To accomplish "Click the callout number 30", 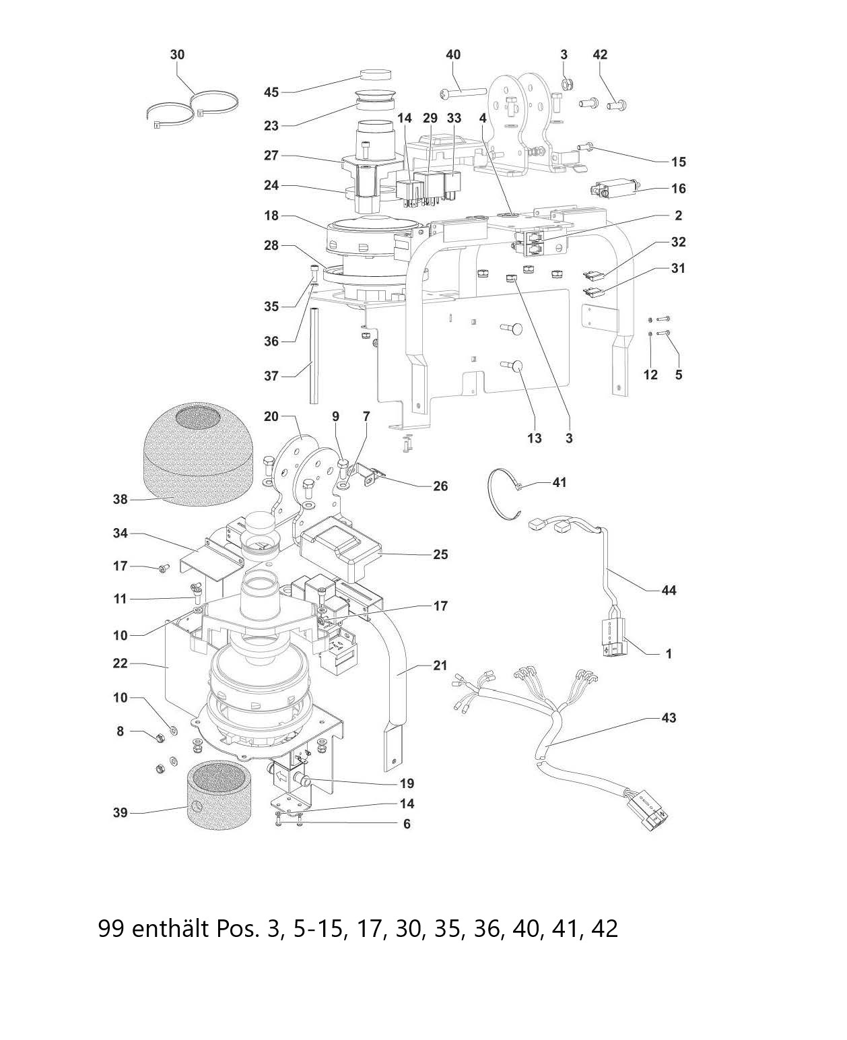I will [177, 55].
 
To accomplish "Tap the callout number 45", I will [271, 92].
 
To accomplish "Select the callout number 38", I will [120, 500].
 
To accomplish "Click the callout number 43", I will [669, 718].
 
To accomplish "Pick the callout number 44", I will [669, 591].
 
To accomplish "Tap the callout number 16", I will [678, 189].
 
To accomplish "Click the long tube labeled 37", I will [314, 355].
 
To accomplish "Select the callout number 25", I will [440, 554].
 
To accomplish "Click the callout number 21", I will [440, 666].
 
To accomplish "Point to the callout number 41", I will [560, 483].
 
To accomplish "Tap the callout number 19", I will [406, 783].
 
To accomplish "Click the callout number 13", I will [534, 438].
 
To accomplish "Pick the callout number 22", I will [120, 663].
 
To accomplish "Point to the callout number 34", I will [120, 534].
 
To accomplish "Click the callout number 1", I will [669, 653].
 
